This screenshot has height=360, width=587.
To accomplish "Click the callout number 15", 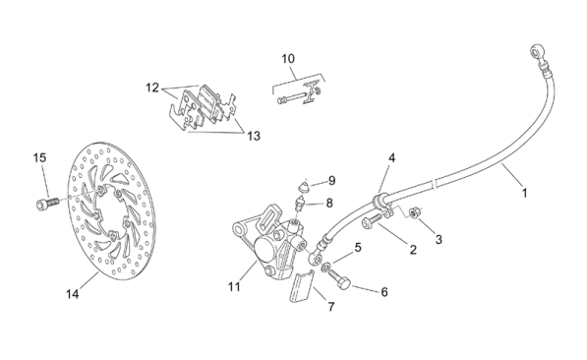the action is [x=39, y=157].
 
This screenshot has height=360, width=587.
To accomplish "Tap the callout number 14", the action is [x=73, y=294].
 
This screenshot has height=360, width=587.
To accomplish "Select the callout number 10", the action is [x=288, y=59].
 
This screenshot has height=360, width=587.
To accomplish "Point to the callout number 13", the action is [x=254, y=136].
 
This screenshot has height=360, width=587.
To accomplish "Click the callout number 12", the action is [x=152, y=88].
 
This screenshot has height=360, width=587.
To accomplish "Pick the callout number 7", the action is [x=331, y=307].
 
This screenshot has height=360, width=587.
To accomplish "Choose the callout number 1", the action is [x=525, y=193].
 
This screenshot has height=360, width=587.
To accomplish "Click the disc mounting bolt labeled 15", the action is [x=47, y=205].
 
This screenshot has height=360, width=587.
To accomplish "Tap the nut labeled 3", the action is [x=414, y=213].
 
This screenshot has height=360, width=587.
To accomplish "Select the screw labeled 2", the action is [x=371, y=220].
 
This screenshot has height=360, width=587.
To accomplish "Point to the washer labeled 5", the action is [x=326, y=268].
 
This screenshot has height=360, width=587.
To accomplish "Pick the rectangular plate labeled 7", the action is [x=301, y=286].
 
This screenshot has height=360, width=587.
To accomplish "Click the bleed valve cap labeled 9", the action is [x=306, y=186].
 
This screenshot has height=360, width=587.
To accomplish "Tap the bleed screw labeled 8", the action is [x=300, y=205].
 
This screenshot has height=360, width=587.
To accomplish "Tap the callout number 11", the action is [x=234, y=287].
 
